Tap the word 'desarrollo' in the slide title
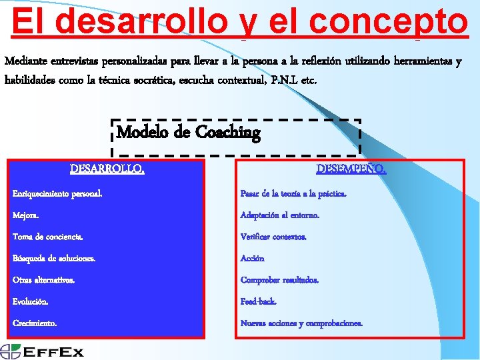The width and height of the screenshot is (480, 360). point(141,21)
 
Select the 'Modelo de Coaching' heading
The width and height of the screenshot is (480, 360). point(188,132)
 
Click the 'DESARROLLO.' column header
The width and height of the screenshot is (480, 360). point(107,169)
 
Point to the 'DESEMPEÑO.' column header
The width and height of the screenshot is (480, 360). point(351,169)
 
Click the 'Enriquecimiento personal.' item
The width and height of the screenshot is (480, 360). point(57,193)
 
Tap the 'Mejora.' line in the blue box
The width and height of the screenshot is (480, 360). point(26,215)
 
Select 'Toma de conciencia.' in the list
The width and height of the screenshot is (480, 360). point(48,237)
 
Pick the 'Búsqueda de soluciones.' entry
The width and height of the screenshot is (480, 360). point(54,258)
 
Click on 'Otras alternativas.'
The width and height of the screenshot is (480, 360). point(44,280)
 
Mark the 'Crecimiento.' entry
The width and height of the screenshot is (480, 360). point(35,323)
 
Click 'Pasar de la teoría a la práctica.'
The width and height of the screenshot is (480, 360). point(293,193)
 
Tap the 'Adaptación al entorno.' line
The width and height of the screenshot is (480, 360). point(280,215)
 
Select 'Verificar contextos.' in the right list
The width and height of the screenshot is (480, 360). point(273,237)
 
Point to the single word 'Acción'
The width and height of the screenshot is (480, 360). point(253,258)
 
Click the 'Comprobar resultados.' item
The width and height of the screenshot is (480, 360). point(279,280)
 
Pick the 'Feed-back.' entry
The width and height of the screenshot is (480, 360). point(258,301)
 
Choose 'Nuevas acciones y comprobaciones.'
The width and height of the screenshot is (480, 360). point(301,323)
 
